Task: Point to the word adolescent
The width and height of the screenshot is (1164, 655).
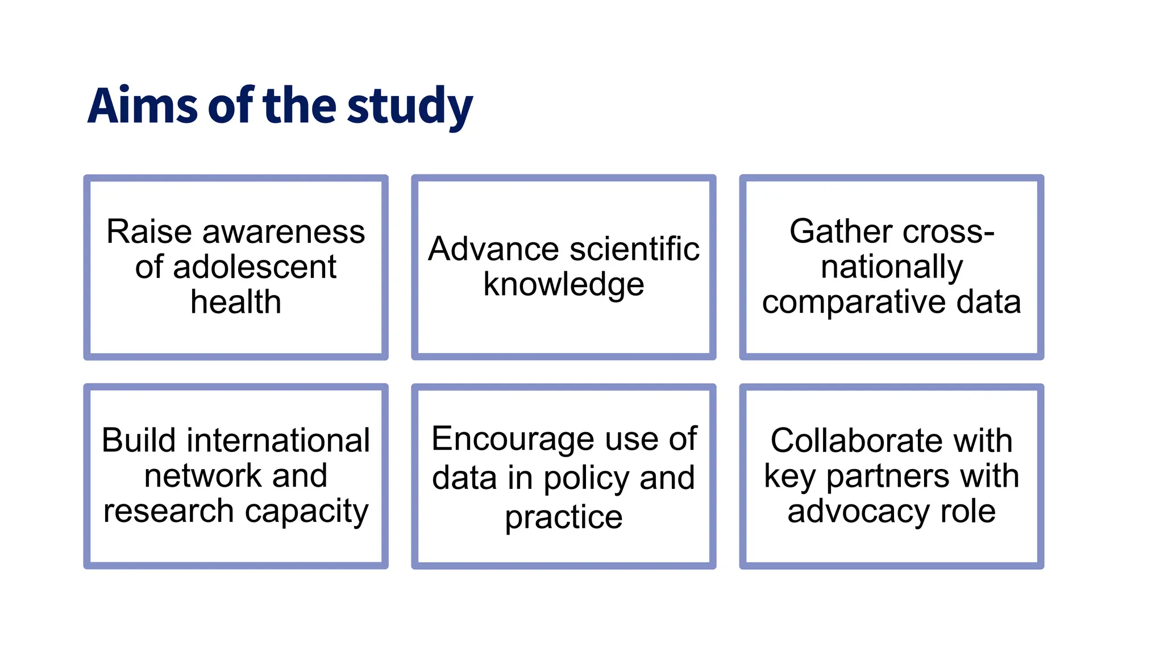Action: click(x=254, y=267)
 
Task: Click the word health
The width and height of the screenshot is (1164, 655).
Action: click(x=235, y=301)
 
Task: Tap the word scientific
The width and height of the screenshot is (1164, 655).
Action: click(x=634, y=249)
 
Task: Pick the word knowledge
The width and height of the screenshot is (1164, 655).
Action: click(x=563, y=285)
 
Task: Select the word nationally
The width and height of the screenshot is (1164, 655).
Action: click(x=891, y=267)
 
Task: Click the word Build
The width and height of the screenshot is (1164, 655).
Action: click(x=139, y=440)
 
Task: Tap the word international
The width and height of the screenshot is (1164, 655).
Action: click(x=278, y=440)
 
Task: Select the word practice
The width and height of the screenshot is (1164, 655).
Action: click(x=563, y=517)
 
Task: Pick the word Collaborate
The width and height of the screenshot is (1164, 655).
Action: click(x=856, y=440)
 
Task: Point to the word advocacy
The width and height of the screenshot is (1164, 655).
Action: click(x=858, y=511)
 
